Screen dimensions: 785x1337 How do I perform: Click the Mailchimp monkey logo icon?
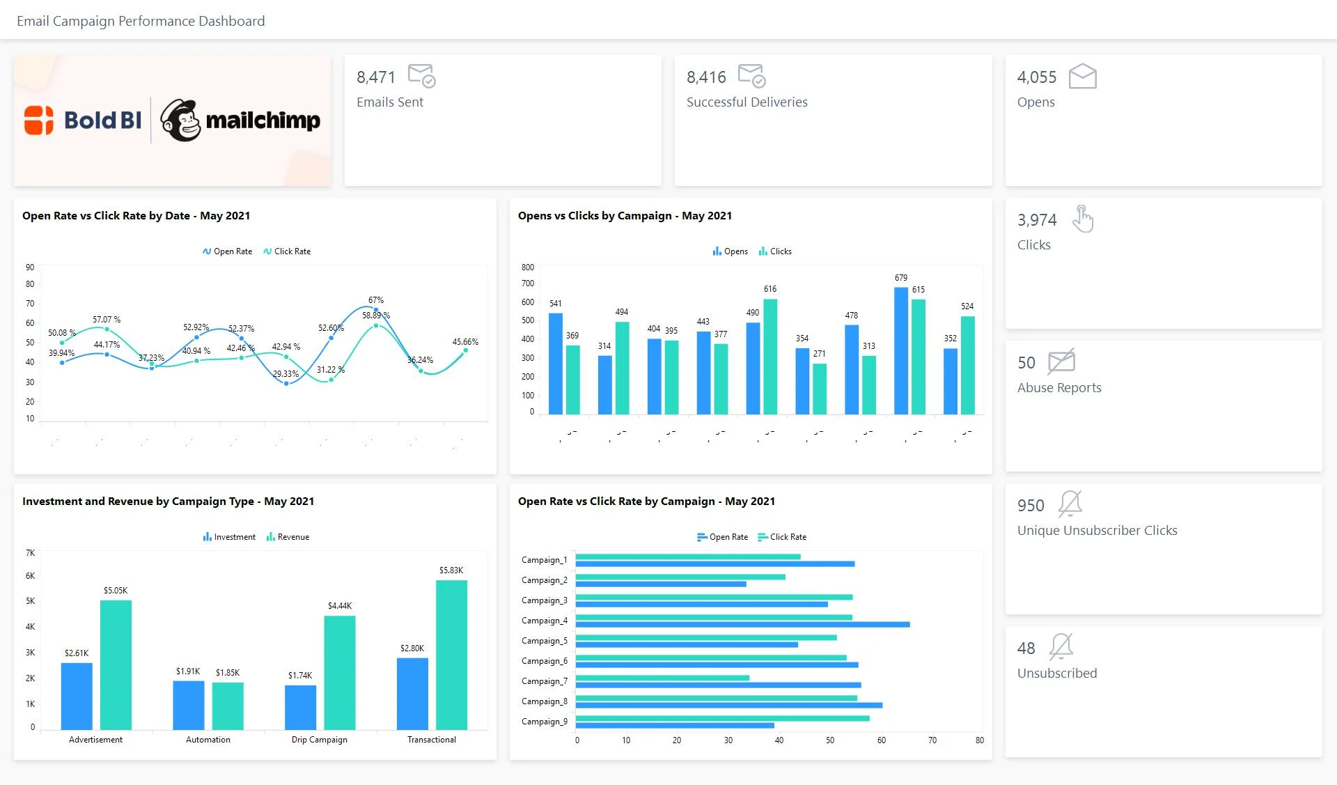click(180, 121)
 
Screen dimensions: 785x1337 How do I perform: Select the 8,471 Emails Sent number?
click(375, 77)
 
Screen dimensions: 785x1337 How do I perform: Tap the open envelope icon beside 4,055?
click(1082, 77)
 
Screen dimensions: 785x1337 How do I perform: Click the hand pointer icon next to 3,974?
click(1082, 219)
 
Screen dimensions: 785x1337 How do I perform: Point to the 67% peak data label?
click(376, 300)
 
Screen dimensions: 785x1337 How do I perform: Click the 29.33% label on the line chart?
click(286, 374)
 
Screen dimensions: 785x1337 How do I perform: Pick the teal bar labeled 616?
click(770, 357)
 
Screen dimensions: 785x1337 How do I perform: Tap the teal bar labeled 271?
click(820, 389)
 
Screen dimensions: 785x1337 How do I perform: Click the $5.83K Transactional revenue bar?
click(451, 655)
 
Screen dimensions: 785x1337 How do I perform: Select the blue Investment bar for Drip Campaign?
click(300, 707)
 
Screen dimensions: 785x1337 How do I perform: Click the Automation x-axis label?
click(208, 740)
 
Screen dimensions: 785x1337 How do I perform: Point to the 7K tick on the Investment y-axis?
click(30, 553)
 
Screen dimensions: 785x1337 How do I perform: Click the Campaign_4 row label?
click(544, 621)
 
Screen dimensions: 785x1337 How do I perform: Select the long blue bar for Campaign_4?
click(742, 625)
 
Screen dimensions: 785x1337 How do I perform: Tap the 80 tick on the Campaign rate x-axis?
click(979, 740)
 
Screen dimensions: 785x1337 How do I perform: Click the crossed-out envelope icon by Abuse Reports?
click(1061, 362)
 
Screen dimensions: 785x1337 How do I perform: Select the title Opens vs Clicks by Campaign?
click(624, 216)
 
